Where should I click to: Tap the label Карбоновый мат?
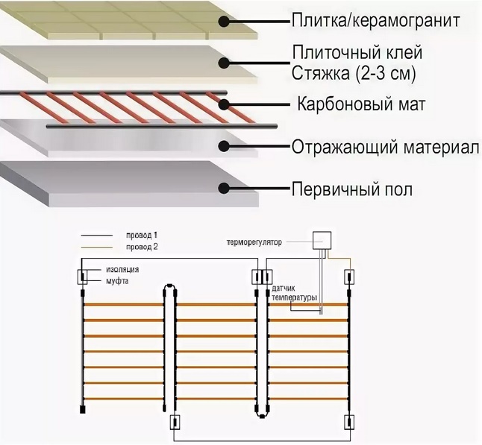(x=361, y=104)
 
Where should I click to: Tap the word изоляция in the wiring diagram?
(x=122, y=269)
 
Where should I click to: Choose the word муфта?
(x=115, y=281)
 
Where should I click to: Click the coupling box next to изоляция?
(x=80, y=277)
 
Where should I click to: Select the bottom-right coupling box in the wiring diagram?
(x=348, y=423)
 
